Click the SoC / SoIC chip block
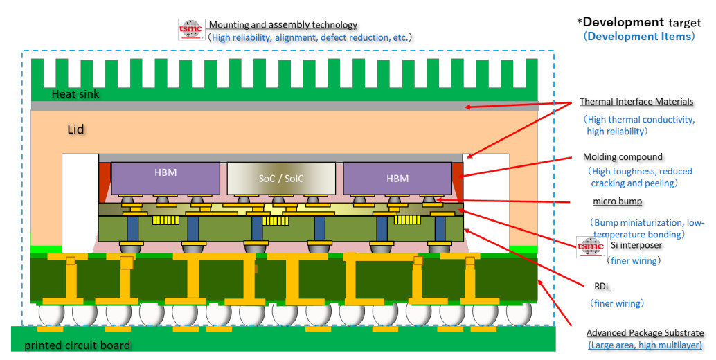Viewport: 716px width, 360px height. point(281,179)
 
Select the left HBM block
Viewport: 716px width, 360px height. point(165,178)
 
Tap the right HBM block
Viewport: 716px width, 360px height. point(397,178)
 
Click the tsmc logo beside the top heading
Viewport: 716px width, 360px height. point(190,28)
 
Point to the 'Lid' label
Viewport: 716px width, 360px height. point(75,129)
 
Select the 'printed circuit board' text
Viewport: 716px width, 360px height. point(77,345)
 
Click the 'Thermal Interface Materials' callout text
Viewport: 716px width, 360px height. point(636,102)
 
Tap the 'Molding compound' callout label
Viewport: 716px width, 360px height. point(623,156)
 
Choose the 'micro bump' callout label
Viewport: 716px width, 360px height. point(617,201)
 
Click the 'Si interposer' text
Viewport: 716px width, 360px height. point(636,246)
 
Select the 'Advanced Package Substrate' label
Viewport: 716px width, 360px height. point(645,332)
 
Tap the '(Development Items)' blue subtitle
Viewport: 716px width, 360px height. point(638,37)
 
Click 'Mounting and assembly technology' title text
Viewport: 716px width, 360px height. point(283,25)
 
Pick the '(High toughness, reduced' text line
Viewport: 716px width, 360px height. point(640,171)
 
